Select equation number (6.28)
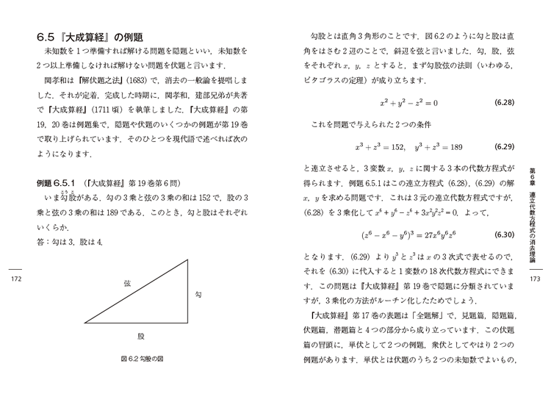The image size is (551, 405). (x=503, y=103)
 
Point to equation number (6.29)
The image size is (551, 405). (x=503, y=146)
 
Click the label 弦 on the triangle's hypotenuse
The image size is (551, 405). (x=127, y=283)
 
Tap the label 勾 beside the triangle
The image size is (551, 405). (x=198, y=295)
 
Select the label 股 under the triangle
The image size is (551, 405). (x=141, y=335)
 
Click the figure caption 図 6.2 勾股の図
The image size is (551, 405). (x=141, y=359)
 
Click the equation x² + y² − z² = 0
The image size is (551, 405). (x=408, y=103)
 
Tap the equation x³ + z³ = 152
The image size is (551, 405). (x=379, y=146)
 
